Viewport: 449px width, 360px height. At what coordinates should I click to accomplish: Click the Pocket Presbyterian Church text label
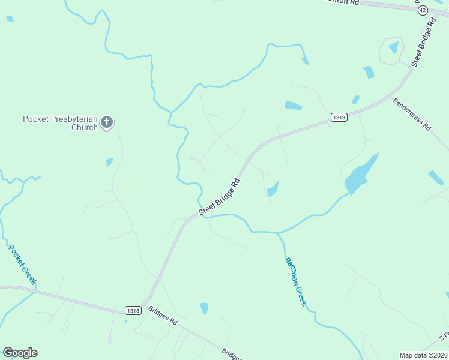60,123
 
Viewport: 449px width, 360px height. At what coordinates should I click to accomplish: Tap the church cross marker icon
107,122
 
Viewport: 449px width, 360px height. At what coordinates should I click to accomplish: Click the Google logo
20,353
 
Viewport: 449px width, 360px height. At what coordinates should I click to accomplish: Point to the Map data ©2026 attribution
423,355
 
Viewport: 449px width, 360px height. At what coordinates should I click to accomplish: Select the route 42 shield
422,10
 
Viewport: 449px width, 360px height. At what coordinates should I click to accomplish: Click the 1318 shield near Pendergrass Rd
339,118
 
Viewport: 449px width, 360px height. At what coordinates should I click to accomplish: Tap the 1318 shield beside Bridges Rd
134,310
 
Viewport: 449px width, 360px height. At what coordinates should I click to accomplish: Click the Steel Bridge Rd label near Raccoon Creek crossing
220,196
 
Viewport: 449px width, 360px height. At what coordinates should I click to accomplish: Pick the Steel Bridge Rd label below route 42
423,42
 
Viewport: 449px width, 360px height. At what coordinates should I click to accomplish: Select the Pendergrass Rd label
412,114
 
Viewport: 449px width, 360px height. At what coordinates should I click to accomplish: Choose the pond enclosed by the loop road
393,47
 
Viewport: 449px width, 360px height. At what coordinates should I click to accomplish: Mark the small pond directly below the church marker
110,162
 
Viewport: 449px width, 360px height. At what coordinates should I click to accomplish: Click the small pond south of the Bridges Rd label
204,308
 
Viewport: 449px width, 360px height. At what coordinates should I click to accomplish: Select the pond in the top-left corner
10,19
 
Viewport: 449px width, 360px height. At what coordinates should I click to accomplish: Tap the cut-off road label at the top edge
345,2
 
